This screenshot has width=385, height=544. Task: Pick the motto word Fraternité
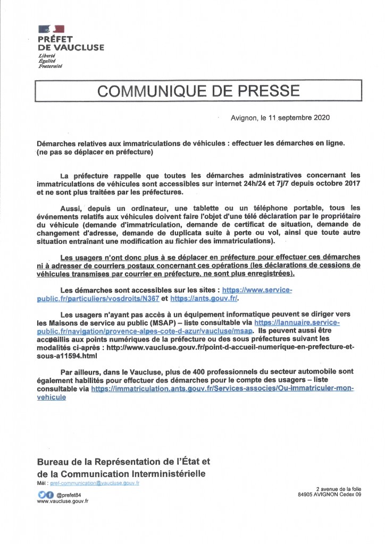(x=50, y=66)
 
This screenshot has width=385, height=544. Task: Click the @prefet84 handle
(x=68, y=494)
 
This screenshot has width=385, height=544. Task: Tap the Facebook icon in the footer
(x=49, y=494)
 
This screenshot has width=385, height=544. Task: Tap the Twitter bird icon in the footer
(x=41, y=494)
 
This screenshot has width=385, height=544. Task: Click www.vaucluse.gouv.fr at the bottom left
(x=63, y=501)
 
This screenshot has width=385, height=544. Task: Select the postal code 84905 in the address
(x=307, y=494)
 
